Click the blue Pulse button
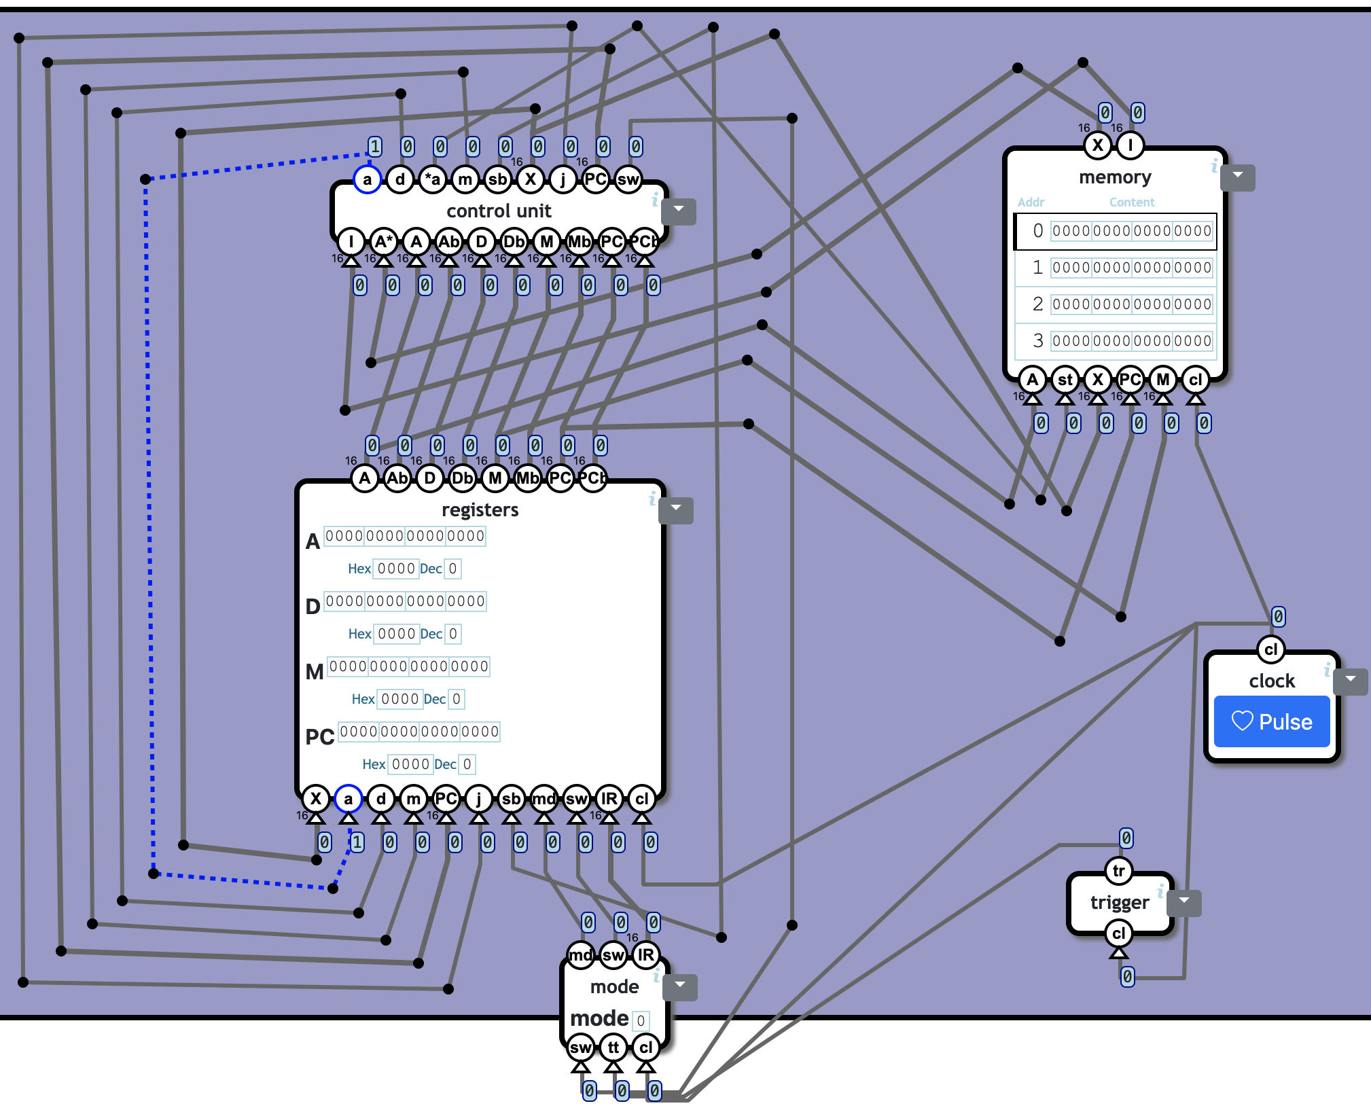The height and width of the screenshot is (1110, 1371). click(x=1271, y=721)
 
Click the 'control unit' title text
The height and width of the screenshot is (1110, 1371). click(x=499, y=211)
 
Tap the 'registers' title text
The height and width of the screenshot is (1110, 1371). click(x=480, y=509)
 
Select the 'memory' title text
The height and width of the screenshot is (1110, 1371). click(x=1115, y=177)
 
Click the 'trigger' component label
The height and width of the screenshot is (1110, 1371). click(x=1119, y=902)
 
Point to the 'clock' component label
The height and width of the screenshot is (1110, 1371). click(x=1271, y=681)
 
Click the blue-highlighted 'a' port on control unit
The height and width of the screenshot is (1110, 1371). click(x=367, y=179)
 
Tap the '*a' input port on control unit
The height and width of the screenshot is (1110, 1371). click(x=432, y=179)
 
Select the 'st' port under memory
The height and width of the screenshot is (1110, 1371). click(x=1065, y=380)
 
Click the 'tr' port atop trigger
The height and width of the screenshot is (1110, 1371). click(x=1118, y=871)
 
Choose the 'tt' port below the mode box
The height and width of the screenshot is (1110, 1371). click(x=613, y=1048)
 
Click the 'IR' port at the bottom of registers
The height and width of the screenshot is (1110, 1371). click(x=609, y=799)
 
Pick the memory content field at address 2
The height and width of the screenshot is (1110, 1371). click(x=1131, y=304)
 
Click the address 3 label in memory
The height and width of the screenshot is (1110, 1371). click(x=1037, y=341)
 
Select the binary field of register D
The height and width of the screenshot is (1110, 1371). click(x=405, y=601)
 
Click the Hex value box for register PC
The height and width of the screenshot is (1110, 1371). click(x=410, y=764)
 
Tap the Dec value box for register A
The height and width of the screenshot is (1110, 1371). click(x=452, y=569)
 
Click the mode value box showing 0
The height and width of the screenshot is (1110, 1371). click(x=641, y=1021)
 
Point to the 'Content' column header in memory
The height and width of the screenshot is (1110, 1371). click(x=1131, y=202)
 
